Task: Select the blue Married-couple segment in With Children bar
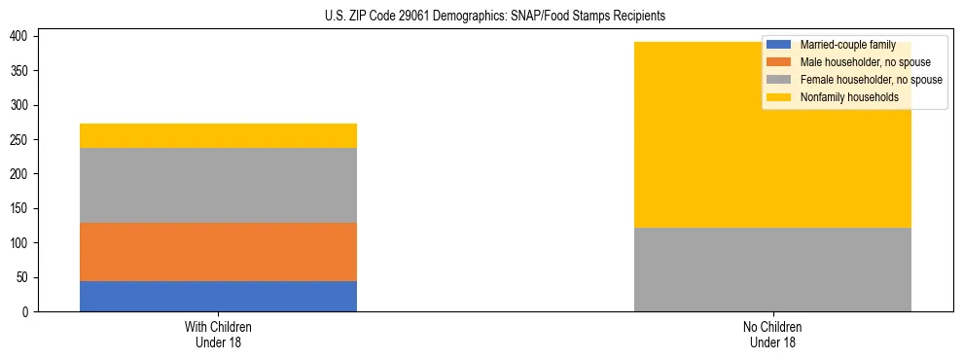click(218, 296)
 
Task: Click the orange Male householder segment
click(218, 252)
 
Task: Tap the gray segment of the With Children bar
click(218, 185)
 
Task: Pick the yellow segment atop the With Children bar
click(218, 135)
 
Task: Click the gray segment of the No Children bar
click(772, 270)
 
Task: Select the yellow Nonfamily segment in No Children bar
click(772, 146)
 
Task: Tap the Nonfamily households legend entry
click(848, 97)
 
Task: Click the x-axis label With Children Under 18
click(218, 335)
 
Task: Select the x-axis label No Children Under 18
click(772, 335)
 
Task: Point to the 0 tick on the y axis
click(27, 311)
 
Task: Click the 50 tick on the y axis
click(24, 277)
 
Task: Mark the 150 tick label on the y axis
click(21, 208)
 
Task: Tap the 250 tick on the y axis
click(21, 139)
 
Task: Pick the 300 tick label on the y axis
click(21, 105)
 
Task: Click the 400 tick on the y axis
click(21, 36)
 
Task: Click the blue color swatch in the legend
click(779, 45)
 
